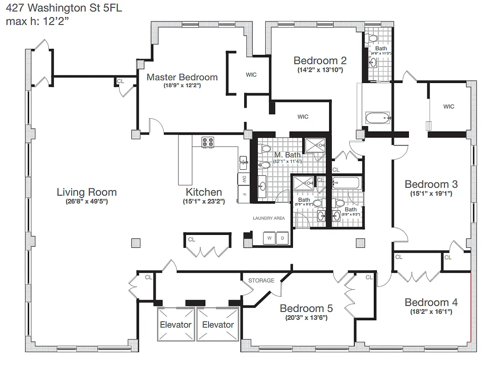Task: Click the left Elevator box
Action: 175,324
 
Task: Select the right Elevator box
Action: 218,324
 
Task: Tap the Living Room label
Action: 87,192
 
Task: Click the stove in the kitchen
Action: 209,142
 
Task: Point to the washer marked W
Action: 269,238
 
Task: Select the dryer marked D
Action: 282,238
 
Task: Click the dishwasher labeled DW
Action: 244,178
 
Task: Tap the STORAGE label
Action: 262,280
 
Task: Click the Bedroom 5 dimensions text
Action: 303,318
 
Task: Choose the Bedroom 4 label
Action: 431,302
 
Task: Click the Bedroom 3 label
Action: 431,184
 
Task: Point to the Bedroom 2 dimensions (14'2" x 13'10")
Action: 320,70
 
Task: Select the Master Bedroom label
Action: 182,77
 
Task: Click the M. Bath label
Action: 287,155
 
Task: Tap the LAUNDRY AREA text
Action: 269,218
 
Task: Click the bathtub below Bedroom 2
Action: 378,118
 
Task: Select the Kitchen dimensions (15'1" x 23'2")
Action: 204,202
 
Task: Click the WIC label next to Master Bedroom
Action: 251,75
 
